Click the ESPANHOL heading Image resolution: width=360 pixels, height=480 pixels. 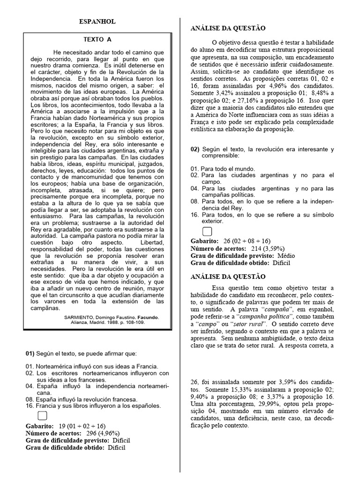pos(97,22)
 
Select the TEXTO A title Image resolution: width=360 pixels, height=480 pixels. pos(97,40)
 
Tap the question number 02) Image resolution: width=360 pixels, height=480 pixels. pos(195,149)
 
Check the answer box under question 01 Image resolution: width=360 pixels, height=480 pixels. pos(42,415)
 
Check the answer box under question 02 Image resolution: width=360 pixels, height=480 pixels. pos(207,231)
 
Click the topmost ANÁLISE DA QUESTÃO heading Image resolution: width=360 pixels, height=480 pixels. pos(221,29)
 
